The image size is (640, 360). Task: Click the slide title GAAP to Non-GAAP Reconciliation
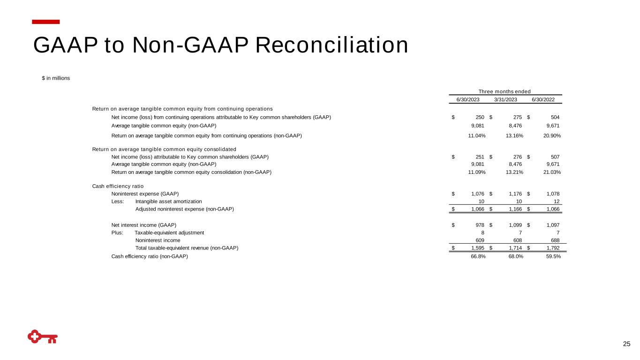[x=220, y=45]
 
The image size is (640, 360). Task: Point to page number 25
[x=626, y=345]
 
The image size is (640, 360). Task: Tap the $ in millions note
[x=56, y=78]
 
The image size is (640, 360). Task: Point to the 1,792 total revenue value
[x=552, y=248]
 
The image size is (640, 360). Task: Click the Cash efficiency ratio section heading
[x=118, y=186]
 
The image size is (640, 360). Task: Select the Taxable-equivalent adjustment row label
[x=169, y=232]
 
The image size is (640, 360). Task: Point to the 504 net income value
[x=555, y=117]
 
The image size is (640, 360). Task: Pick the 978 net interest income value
[x=480, y=225]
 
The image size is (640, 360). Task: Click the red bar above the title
[x=46, y=22]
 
